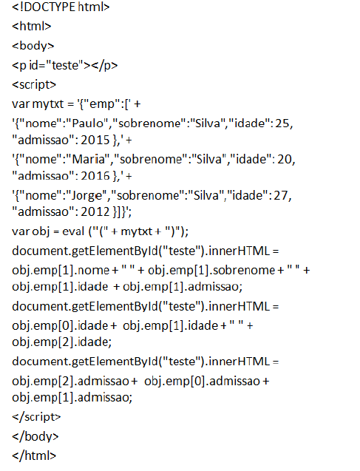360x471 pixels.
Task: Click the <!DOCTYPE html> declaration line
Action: click(x=61, y=7)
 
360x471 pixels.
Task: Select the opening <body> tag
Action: click(x=33, y=46)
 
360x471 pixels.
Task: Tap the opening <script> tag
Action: click(x=34, y=85)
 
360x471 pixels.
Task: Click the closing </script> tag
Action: click(x=36, y=417)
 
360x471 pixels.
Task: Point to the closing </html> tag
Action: click(x=34, y=455)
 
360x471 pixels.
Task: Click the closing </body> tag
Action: click(x=35, y=436)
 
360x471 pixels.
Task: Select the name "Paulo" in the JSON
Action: click(x=86, y=123)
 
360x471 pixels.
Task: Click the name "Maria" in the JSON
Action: click(x=88, y=159)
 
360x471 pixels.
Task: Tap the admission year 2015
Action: click(x=95, y=140)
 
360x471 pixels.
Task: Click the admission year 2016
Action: click(x=95, y=176)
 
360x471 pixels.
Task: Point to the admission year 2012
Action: click(x=95, y=211)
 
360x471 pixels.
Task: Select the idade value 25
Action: click(x=282, y=123)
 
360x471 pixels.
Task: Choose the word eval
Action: click(x=73, y=231)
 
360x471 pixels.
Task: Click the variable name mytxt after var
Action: click(x=48, y=104)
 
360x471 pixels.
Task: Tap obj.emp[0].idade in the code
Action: click(x=60, y=326)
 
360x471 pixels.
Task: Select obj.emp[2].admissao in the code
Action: click(x=70, y=382)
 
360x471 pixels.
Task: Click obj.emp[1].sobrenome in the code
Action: click(x=211, y=271)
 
